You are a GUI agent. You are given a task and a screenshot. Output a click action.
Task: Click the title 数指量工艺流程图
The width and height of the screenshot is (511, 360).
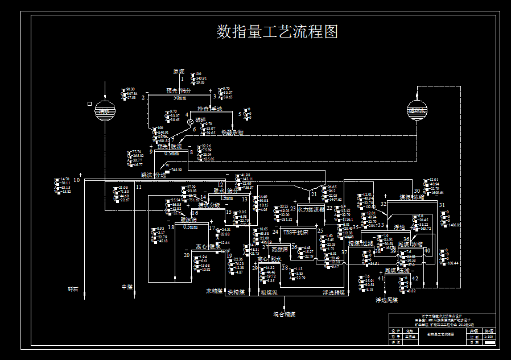pyautogui.click(x=277, y=32)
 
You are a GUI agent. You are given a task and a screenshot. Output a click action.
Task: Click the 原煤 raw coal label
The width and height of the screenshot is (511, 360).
pyautogui.click(x=179, y=72)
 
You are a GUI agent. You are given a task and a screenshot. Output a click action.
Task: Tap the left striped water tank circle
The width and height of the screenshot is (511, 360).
pyautogui.click(x=105, y=110)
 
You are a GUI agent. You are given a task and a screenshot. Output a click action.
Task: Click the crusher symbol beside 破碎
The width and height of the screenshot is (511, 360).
pyautogui.click(x=190, y=121)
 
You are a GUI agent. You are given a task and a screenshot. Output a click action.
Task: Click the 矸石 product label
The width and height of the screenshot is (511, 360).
pyautogui.click(x=73, y=289)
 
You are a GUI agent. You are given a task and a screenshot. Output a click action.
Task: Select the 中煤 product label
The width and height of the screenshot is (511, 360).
pyautogui.click(x=127, y=287)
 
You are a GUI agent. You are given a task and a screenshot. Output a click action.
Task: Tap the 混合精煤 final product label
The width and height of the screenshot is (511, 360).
pyautogui.click(x=284, y=314)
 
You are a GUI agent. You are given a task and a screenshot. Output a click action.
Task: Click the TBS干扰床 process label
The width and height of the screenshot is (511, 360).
pyautogui.click(x=295, y=232)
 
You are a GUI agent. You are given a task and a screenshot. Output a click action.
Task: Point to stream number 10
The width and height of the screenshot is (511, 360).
pyautogui.click(x=76, y=180)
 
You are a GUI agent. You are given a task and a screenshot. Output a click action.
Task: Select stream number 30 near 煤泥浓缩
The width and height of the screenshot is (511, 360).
pyautogui.click(x=417, y=191)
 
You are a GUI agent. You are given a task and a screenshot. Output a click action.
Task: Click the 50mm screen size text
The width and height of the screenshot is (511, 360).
pyautogui.click(x=180, y=97)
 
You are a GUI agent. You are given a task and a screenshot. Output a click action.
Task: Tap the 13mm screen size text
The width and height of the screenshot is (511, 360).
pyautogui.click(x=226, y=197)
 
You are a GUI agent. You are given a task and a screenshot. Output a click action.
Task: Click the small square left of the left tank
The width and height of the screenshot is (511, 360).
pyautogui.click(x=89, y=104)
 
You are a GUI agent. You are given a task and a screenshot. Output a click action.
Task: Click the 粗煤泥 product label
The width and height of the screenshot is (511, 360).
pyautogui.click(x=268, y=293)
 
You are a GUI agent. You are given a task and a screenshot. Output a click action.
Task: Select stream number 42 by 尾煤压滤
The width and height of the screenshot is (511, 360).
pyautogui.click(x=415, y=278)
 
